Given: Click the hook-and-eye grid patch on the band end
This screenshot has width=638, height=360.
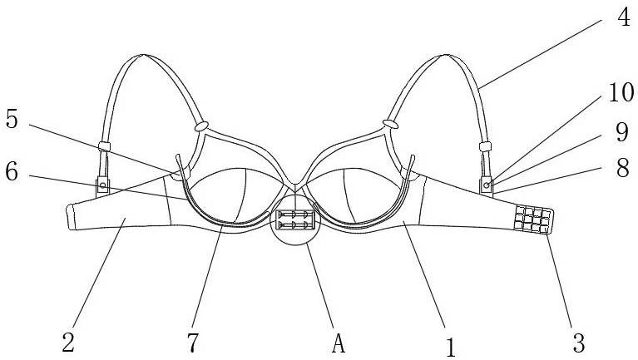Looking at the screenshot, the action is pos(532,221).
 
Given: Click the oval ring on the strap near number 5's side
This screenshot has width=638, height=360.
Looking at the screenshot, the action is pos(200,128).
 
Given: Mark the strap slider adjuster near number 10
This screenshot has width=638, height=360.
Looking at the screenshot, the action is pos(484,148).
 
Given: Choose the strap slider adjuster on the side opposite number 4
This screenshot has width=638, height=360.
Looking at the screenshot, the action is pos(105,148).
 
